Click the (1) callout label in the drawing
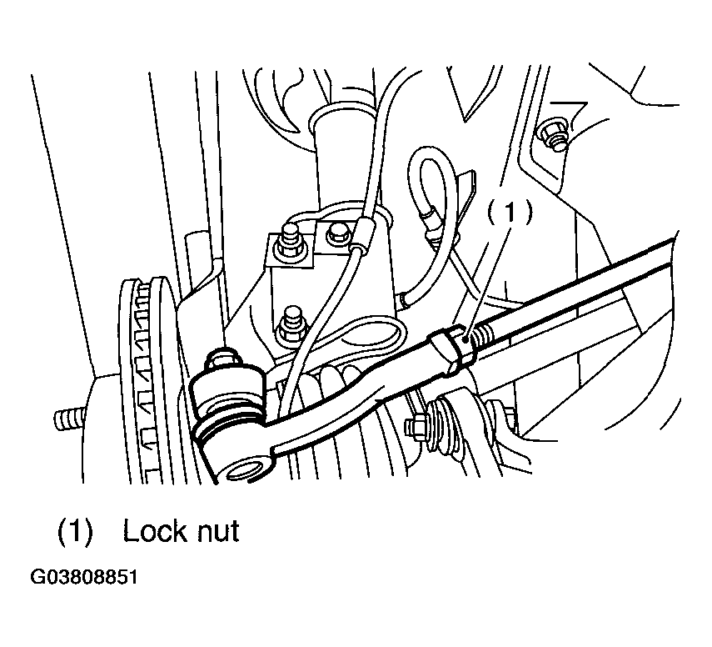[x=509, y=213]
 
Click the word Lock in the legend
[x=154, y=530]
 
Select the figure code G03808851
[x=84, y=578]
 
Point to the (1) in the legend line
[x=75, y=531]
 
